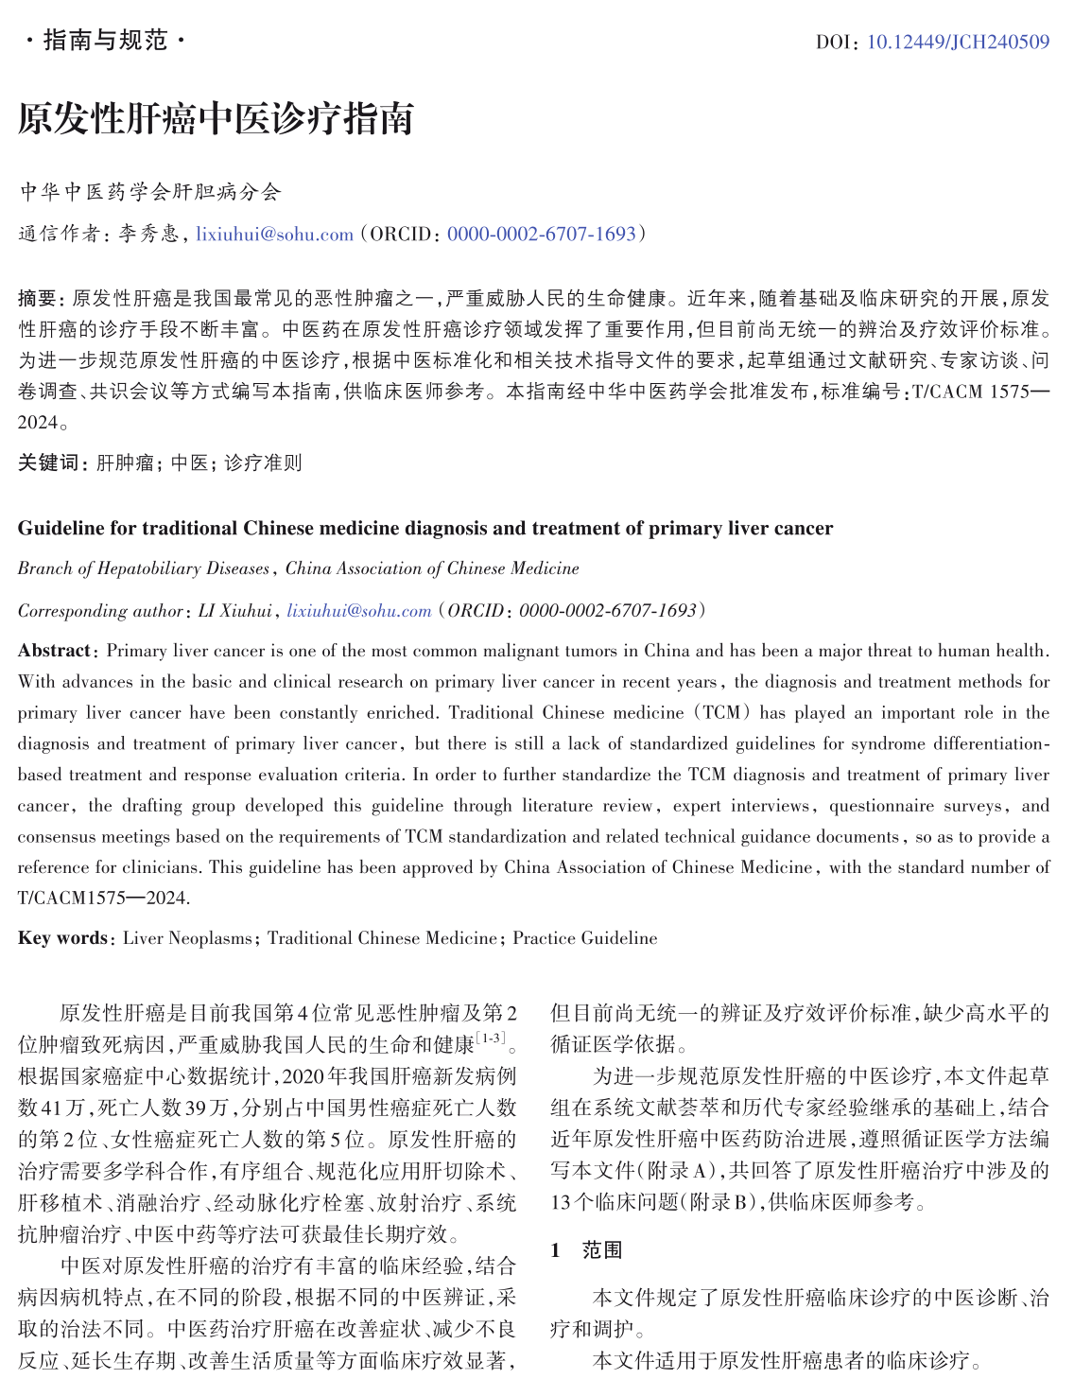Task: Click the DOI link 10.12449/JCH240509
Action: [x=957, y=42]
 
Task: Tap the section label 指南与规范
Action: [x=105, y=40]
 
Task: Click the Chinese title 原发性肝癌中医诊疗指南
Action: [x=215, y=119]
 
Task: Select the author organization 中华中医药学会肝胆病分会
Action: [x=150, y=192]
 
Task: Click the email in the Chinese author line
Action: [x=274, y=234]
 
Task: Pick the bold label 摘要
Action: [x=38, y=299]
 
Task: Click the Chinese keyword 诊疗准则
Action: [x=263, y=463]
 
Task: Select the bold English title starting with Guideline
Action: [x=424, y=528]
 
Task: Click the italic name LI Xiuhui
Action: [x=234, y=610]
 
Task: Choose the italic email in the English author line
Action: [x=359, y=610]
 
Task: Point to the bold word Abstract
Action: [x=54, y=651]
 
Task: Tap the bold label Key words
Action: [x=62, y=937]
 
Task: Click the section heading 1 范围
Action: [x=586, y=1250]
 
